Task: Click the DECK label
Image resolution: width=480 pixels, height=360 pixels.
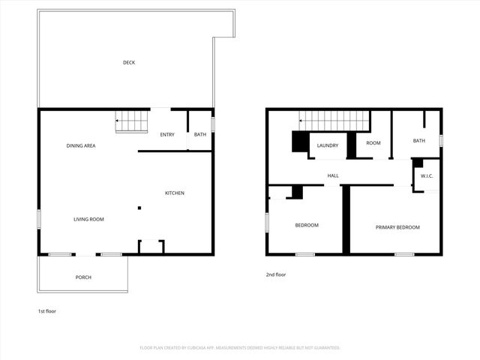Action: pyautogui.click(x=129, y=62)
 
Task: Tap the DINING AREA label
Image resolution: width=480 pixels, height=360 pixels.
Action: pyautogui.click(x=81, y=145)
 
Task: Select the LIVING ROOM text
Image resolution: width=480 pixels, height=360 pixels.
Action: pyautogui.click(x=88, y=219)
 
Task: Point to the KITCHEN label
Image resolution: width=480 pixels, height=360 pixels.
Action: pyautogui.click(x=175, y=193)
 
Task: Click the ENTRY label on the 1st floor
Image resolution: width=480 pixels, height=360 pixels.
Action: pyautogui.click(x=167, y=135)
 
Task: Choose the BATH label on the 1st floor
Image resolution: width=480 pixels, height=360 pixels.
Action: pyautogui.click(x=200, y=135)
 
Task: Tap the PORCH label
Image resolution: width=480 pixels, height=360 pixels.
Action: pyautogui.click(x=83, y=277)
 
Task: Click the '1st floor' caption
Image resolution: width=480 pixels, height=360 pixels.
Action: pyautogui.click(x=46, y=310)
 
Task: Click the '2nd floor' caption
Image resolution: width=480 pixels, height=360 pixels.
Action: pyautogui.click(x=276, y=274)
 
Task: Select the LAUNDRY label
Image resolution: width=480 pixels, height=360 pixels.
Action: pyautogui.click(x=328, y=145)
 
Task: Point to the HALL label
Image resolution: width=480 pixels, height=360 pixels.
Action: pyautogui.click(x=333, y=176)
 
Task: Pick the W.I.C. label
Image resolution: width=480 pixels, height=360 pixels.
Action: pyautogui.click(x=427, y=176)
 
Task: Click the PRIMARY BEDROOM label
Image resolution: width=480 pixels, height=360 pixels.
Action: pyautogui.click(x=397, y=227)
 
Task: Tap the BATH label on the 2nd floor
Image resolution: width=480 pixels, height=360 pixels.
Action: pyautogui.click(x=418, y=141)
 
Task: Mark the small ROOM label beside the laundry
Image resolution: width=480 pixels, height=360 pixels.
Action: pyautogui.click(x=373, y=143)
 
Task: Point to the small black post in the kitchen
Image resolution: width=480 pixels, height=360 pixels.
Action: pyautogui.click(x=139, y=208)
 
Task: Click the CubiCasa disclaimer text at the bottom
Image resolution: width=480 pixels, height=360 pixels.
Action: pyautogui.click(x=240, y=348)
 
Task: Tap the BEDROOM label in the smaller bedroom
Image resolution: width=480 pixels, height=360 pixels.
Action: pyautogui.click(x=307, y=225)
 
